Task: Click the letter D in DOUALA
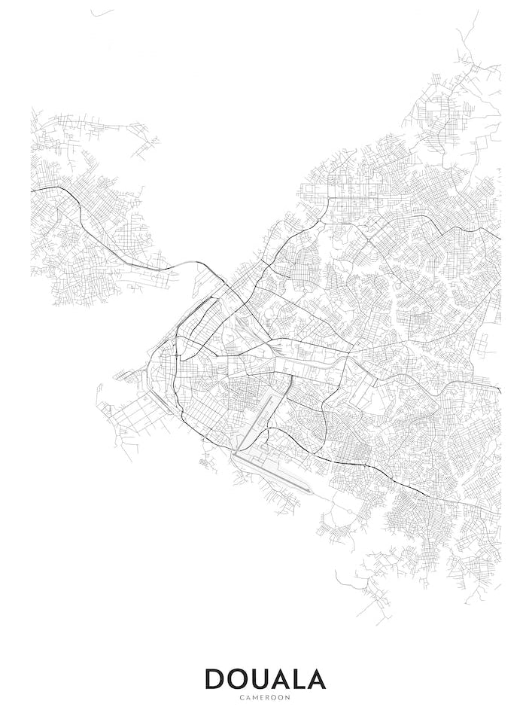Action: click(216, 679)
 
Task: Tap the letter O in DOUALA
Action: click(240, 679)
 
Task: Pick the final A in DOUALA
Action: click(317, 679)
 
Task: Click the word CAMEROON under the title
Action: click(265, 697)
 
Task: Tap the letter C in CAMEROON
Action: click(242, 697)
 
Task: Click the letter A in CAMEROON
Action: click(248, 697)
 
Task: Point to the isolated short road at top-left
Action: click(102, 13)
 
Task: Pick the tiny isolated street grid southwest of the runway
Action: click(205, 462)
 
